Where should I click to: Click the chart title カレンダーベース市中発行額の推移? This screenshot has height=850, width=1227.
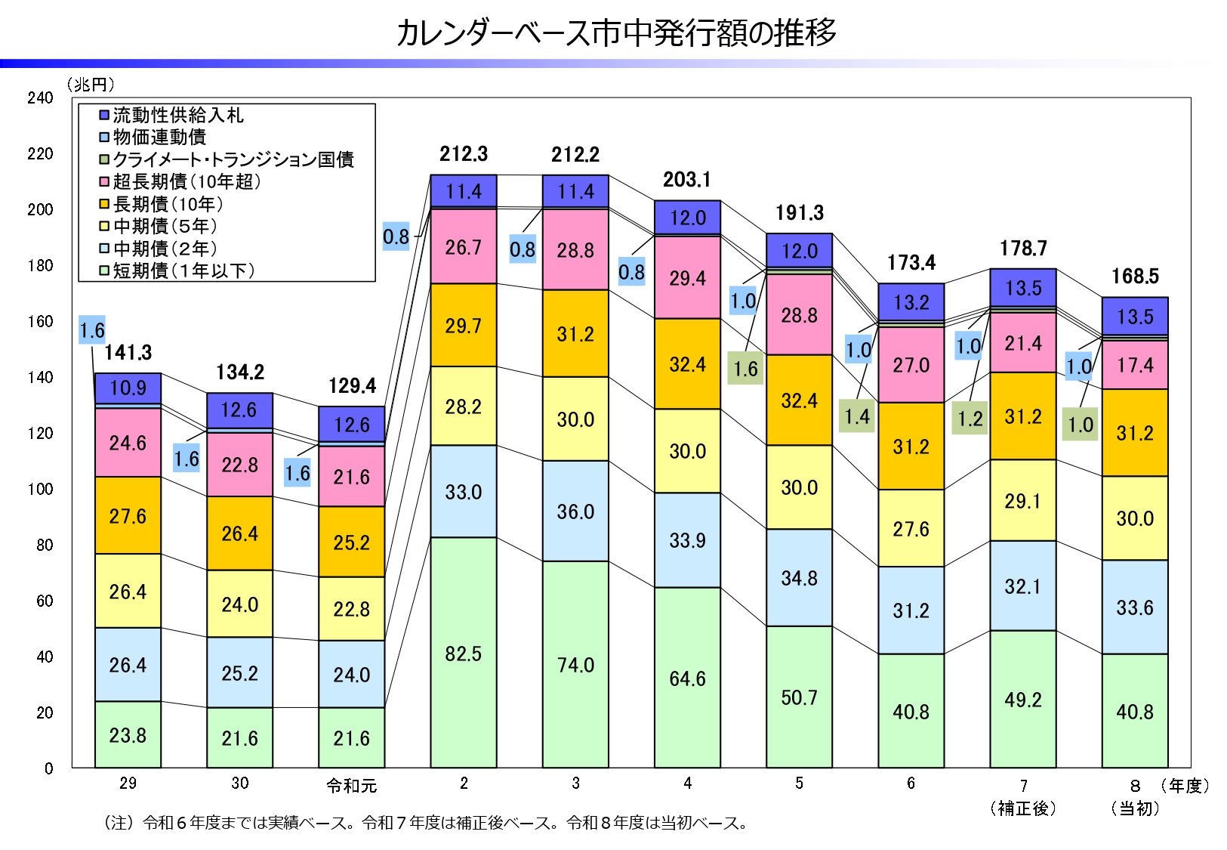(615, 33)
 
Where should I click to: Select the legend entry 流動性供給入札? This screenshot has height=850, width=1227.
(178, 116)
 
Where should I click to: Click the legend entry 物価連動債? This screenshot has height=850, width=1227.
(159, 138)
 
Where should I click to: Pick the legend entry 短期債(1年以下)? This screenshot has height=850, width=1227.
(183, 270)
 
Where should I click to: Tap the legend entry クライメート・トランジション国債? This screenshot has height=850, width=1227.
(233, 159)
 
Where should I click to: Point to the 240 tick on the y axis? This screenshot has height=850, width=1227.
(40, 97)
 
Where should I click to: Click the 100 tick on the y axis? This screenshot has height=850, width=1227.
(40, 489)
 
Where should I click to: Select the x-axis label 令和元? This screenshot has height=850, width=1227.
(351, 786)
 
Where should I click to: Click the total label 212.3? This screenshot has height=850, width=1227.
(464, 154)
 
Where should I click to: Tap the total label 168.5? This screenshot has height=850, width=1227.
(1134, 277)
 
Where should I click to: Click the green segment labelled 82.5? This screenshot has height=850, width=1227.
(463, 653)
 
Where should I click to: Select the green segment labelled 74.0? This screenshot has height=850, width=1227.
(575, 664)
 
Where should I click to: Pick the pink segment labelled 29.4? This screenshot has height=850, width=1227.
(687, 278)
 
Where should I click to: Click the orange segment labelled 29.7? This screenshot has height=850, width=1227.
(463, 326)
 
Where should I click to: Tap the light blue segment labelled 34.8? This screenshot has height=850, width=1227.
(799, 578)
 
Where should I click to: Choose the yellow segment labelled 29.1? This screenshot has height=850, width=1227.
(1022, 500)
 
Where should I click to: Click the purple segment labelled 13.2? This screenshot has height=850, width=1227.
(911, 302)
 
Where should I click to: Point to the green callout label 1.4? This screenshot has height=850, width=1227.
(857, 416)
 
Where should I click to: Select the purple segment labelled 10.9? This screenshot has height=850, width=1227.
(128, 388)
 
